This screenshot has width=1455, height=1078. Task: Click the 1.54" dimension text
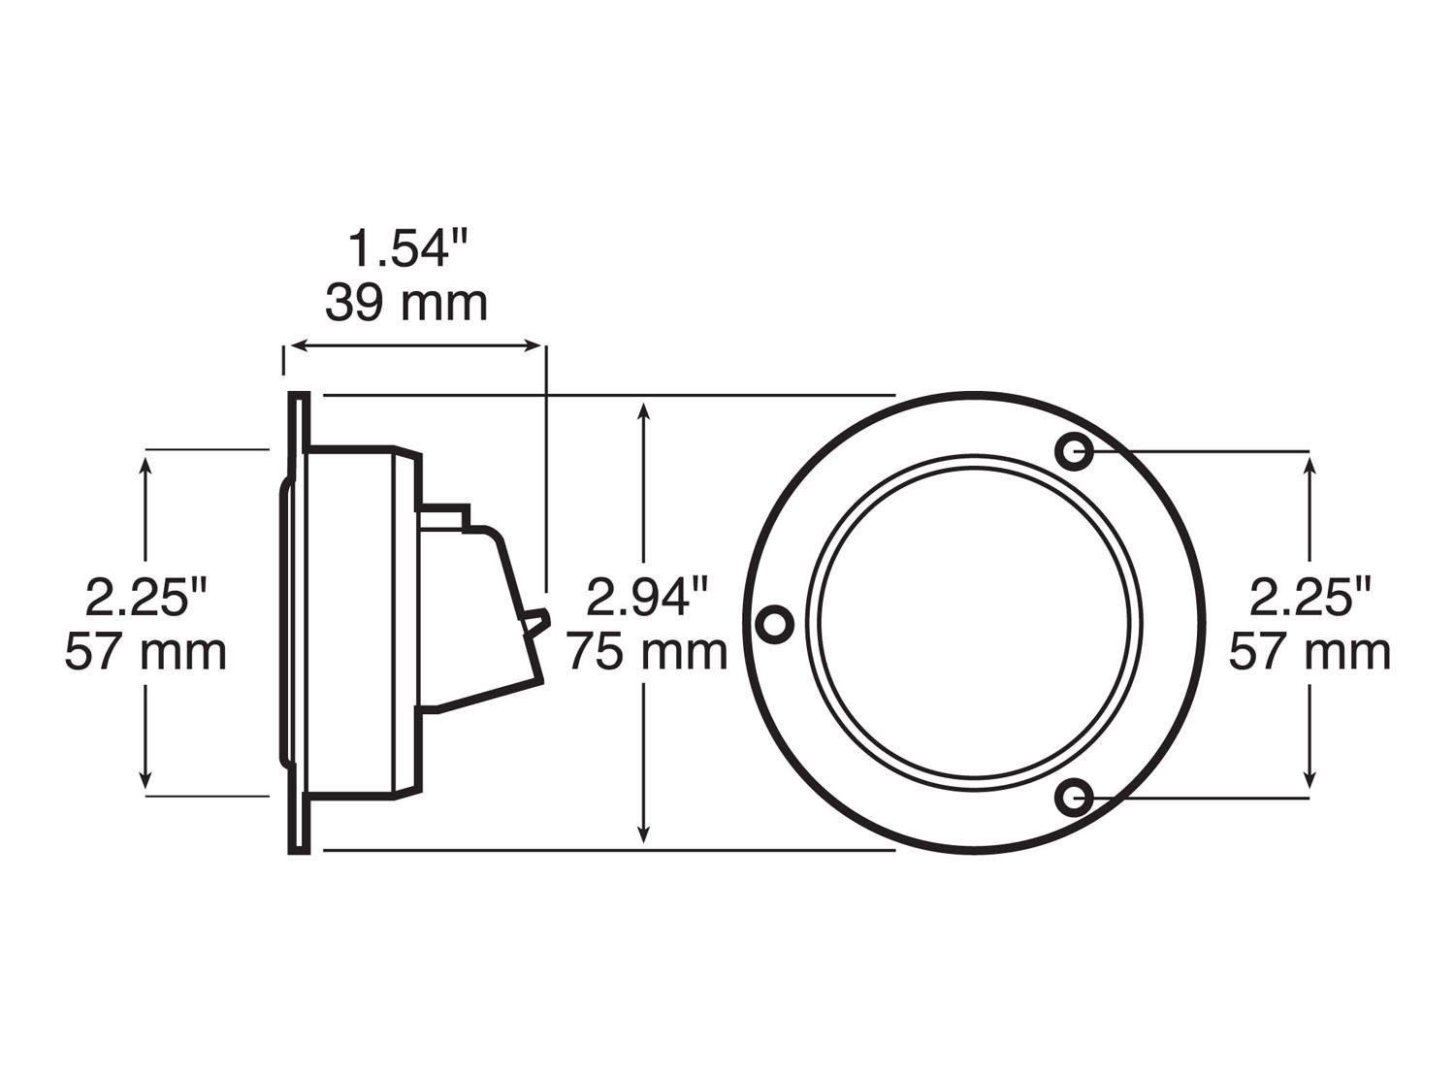[x=407, y=248]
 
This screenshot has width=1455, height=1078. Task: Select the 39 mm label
[x=406, y=303]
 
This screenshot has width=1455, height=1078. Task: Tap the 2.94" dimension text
[x=647, y=597]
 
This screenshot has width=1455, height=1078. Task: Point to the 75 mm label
[x=647, y=651]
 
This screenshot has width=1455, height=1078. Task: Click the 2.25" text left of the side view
[x=145, y=597]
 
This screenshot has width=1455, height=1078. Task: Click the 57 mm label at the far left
[x=145, y=651]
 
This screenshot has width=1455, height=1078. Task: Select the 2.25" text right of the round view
[x=1310, y=597]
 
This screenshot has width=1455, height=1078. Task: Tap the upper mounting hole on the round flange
[x=1074, y=451]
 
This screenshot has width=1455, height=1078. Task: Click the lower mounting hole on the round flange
[x=1074, y=798]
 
